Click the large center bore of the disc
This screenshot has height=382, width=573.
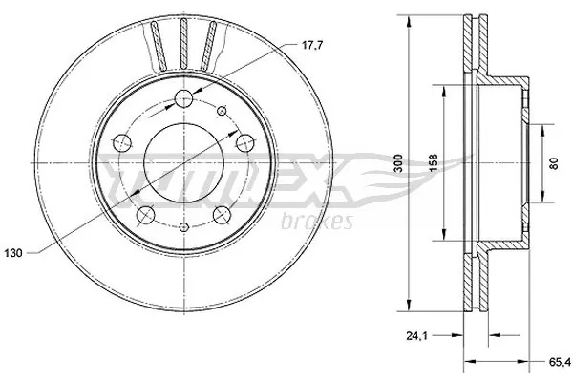tap(182, 162)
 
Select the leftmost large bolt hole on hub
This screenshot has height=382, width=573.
tap(121, 143)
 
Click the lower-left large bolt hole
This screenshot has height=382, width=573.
tap(145, 214)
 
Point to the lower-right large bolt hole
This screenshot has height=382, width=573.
tap(221, 213)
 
